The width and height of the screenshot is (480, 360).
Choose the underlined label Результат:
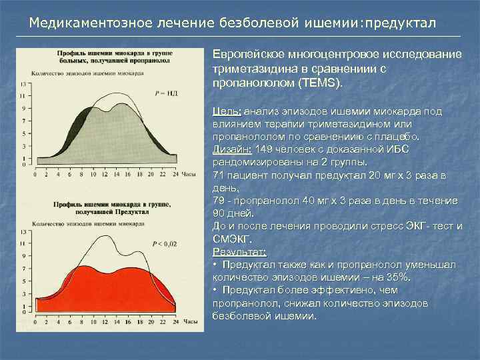click(x=239, y=252)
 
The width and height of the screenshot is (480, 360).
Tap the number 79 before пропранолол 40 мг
click(x=219, y=201)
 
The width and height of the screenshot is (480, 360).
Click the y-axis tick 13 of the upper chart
click(x=24, y=84)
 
